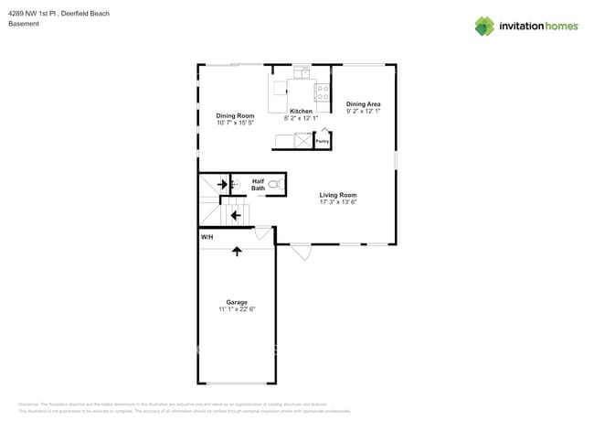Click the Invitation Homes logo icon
click(x=483, y=26)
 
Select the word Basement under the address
click(x=24, y=24)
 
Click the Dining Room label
click(x=235, y=116)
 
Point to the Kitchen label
click(x=301, y=111)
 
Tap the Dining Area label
click(x=363, y=104)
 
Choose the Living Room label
click(x=337, y=195)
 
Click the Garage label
click(x=237, y=302)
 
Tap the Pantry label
click(x=322, y=142)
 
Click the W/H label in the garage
click(x=207, y=237)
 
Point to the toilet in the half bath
click(x=275, y=185)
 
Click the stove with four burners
click(x=323, y=92)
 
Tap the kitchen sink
click(x=302, y=73)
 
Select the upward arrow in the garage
click(x=238, y=250)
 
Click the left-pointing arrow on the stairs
click(x=236, y=216)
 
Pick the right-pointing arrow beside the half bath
click(x=222, y=185)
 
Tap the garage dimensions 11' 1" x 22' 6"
click(x=237, y=310)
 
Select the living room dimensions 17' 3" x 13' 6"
click(x=337, y=203)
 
